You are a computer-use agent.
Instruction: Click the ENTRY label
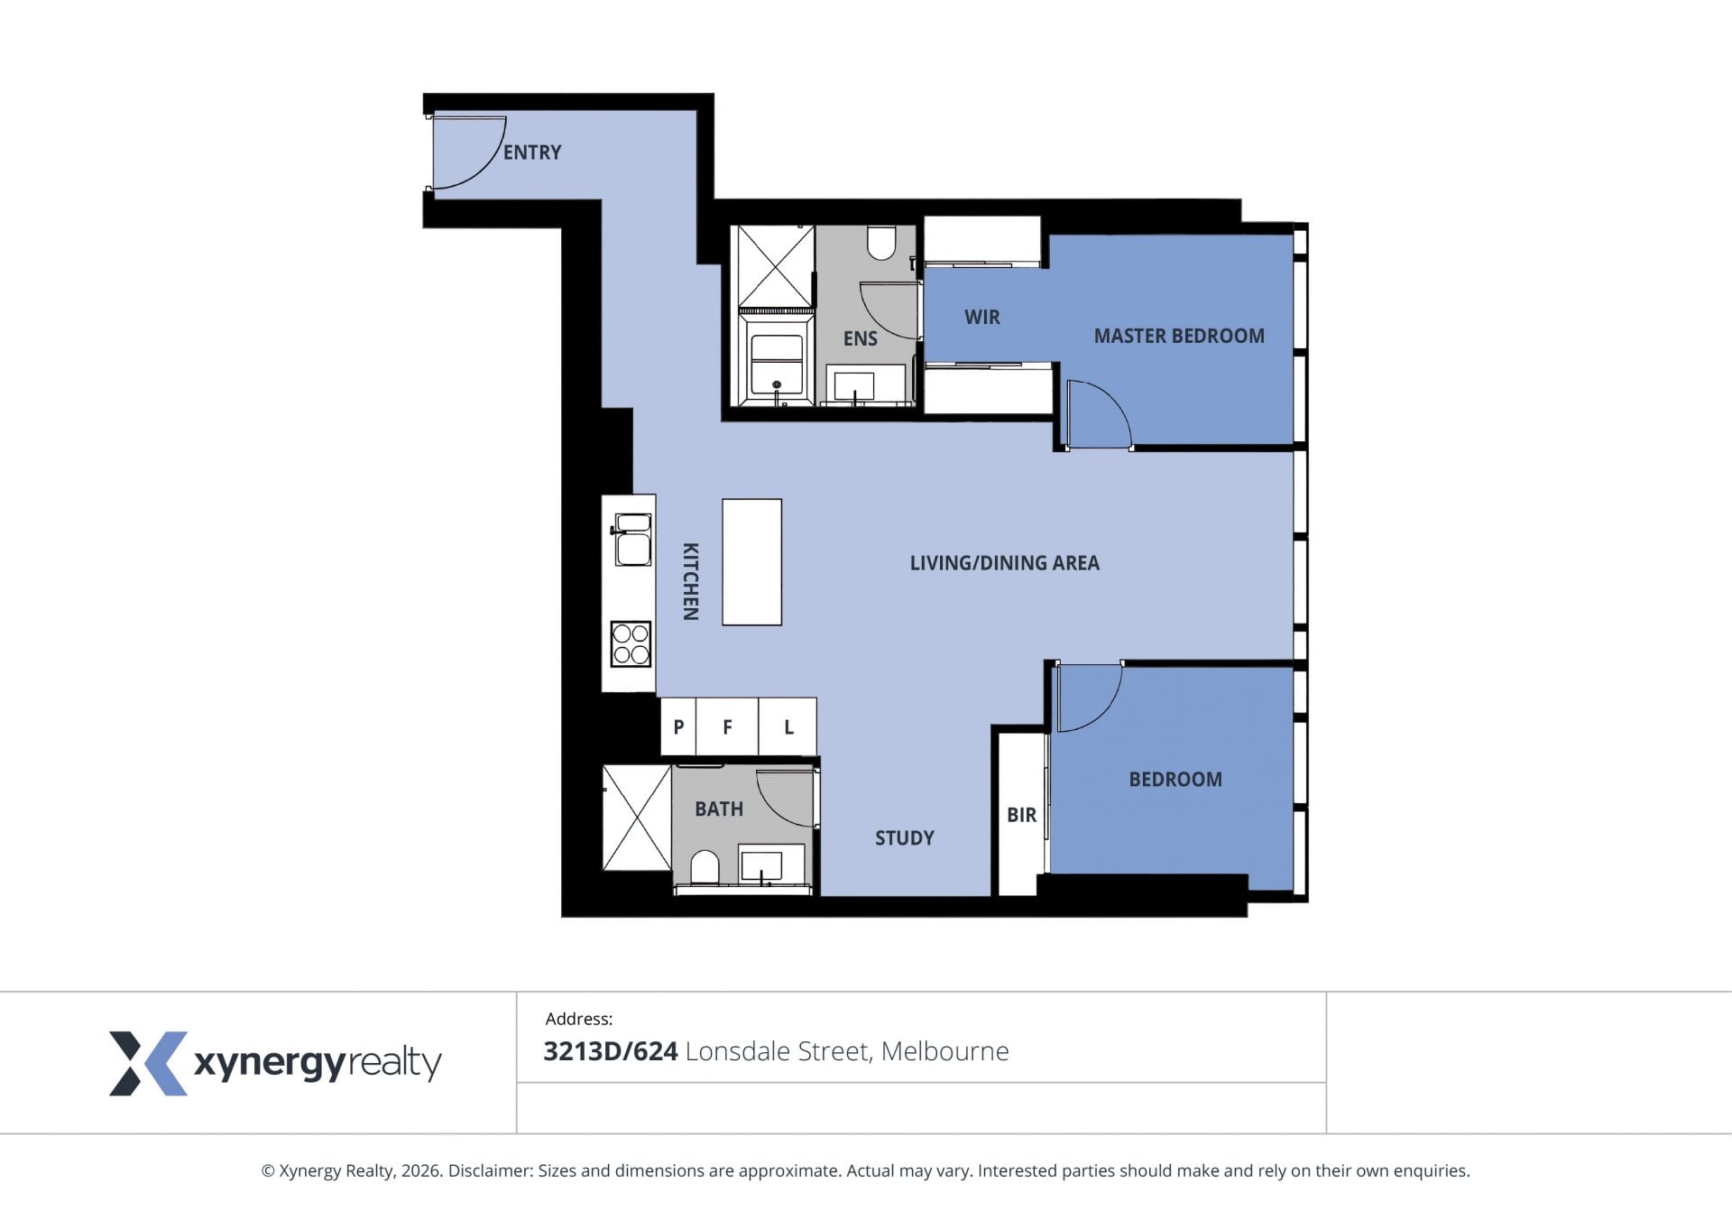coord(532,153)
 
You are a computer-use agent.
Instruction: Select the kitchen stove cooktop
coord(631,643)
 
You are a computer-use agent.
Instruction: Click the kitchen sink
coord(632,539)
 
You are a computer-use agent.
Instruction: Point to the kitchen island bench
coord(751,562)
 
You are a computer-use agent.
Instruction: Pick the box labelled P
coord(678,726)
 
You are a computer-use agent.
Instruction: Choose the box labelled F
coord(727,726)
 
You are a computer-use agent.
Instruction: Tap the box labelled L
coord(788,726)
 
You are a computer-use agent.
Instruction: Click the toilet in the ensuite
coord(881,242)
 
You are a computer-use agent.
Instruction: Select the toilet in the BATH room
coord(705,868)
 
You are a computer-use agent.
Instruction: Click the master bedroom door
coord(1098,414)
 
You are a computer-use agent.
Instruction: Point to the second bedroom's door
coord(1089,698)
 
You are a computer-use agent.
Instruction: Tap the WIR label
coord(982,318)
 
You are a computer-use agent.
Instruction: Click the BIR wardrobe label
coord(1021,815)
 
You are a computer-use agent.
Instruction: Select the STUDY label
coord(905,838)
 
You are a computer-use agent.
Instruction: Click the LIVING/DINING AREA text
coord(1004,563)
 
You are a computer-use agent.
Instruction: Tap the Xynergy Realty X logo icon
coord(149,1063)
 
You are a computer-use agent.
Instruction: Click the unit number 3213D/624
coord(611,1051)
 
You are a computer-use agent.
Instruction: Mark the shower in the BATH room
coord(637,818)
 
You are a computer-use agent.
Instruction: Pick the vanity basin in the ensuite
coord(853,385)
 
